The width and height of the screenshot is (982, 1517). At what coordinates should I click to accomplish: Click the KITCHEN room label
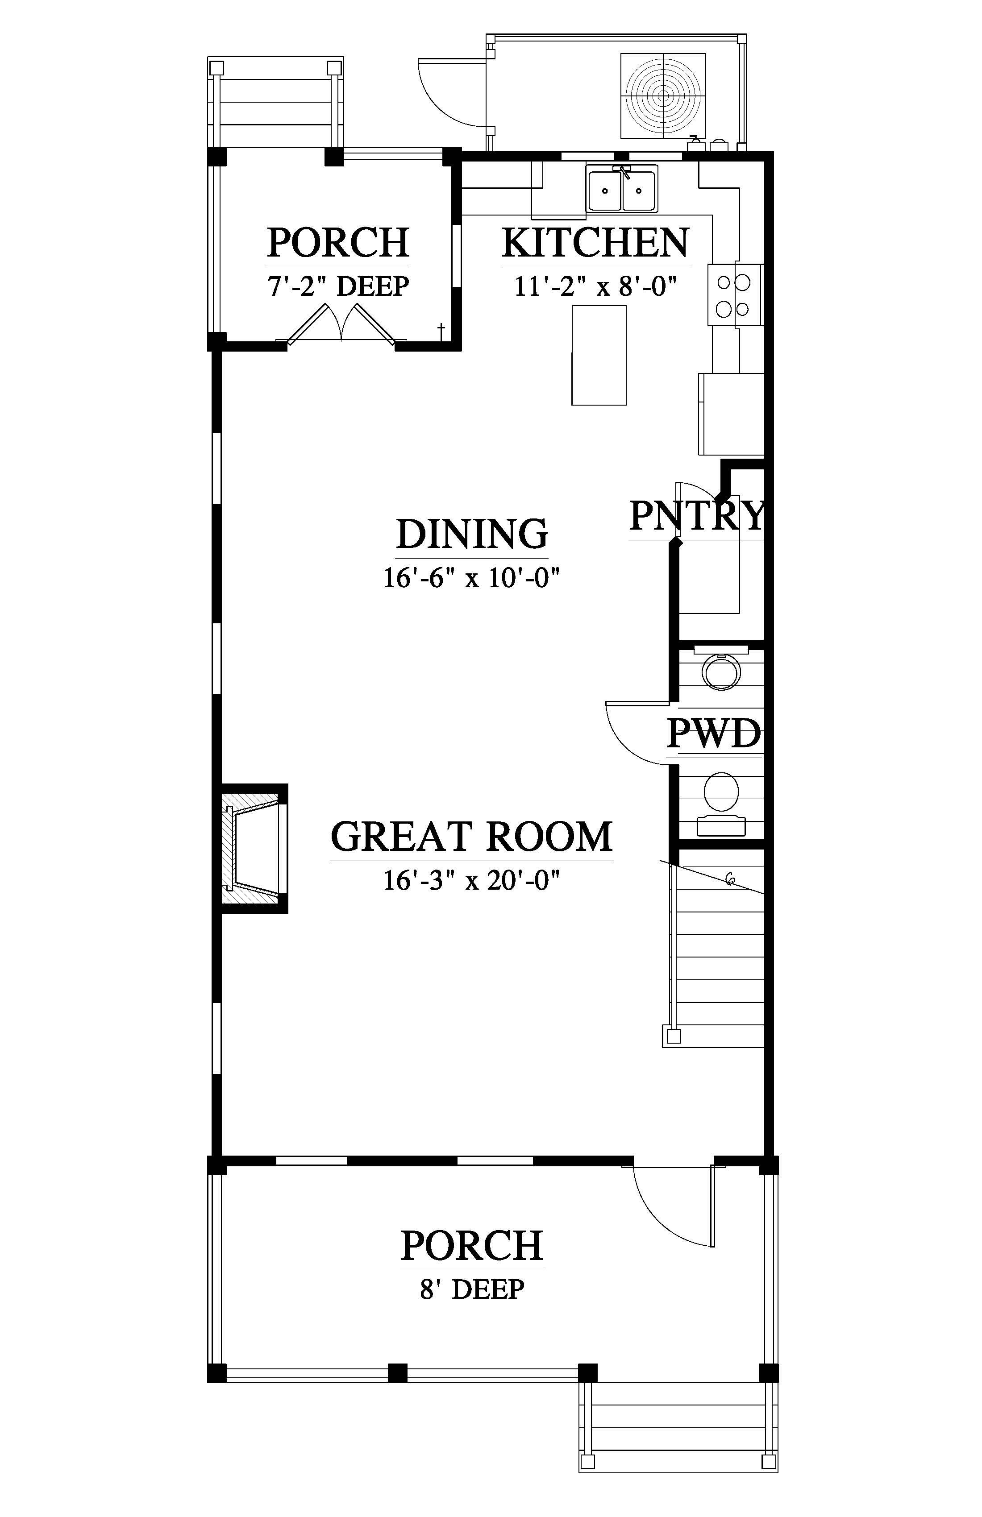(595, 242)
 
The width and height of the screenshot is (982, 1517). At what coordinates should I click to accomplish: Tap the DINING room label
(472, 534)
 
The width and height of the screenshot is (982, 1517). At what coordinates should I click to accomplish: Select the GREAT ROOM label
(472, 837)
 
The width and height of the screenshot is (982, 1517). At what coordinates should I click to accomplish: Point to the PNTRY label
(696, 515)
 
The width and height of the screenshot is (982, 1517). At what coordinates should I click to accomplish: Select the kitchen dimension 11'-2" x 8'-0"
(595, 286)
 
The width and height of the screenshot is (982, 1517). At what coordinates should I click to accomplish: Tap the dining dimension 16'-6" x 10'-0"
(472, 578)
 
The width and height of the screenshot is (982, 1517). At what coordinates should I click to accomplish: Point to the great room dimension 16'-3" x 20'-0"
(472, 880)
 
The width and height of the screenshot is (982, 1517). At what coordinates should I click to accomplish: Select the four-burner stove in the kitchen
(735, 295)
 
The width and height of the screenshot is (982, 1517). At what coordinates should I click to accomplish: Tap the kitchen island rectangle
(599, 355)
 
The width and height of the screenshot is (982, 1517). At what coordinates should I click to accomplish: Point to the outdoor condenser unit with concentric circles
(663, 95)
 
